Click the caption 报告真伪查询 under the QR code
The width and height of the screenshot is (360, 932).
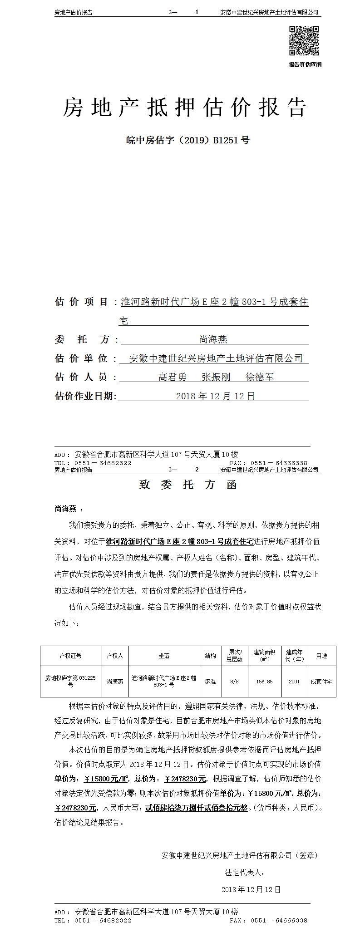(x=305, y=64)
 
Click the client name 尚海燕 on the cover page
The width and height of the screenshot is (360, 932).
(x=213, y=339)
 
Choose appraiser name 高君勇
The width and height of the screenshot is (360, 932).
(x=173, y=377)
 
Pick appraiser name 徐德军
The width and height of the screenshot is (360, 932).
(x=259, y=377)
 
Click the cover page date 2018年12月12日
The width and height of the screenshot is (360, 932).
(x=215, y=396)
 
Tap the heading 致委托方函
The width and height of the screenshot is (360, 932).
(x=187, y=485)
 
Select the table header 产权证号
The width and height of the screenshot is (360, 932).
(x=70, y=656)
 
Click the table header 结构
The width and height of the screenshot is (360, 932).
(x=210, y=656)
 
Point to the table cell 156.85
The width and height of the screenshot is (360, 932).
(x=264, y=682)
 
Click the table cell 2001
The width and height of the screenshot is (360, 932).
(x=294, y=682)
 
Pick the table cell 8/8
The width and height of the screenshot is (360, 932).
(x=234, y=682)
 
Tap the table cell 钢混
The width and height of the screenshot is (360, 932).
(x=210, y=682)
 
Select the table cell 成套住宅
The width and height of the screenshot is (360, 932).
(x=321, y=682)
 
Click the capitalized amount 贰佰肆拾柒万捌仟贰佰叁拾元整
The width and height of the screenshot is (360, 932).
(x=196, y=808)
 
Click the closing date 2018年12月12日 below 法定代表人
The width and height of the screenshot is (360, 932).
(x=251, y=889)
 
